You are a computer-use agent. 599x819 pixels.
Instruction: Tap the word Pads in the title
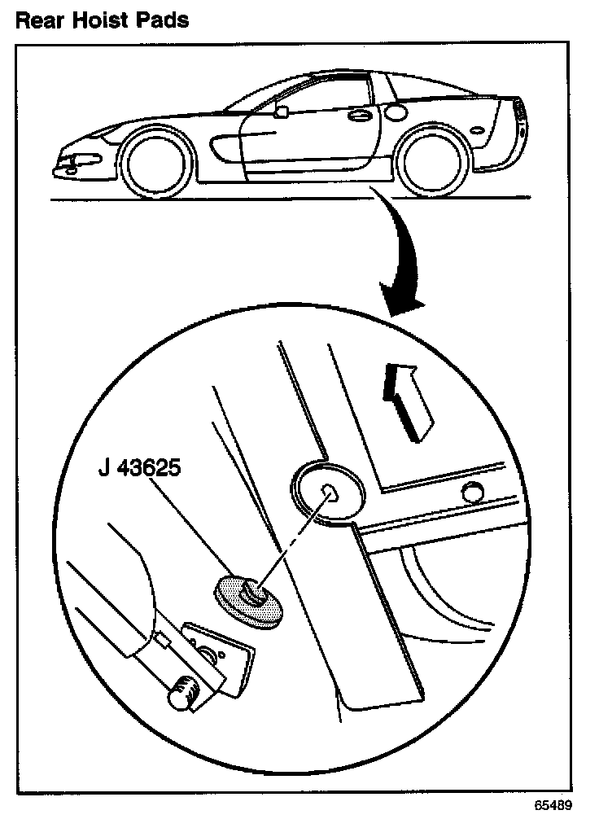point(163,20)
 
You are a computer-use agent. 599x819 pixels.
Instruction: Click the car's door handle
point(356,117)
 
